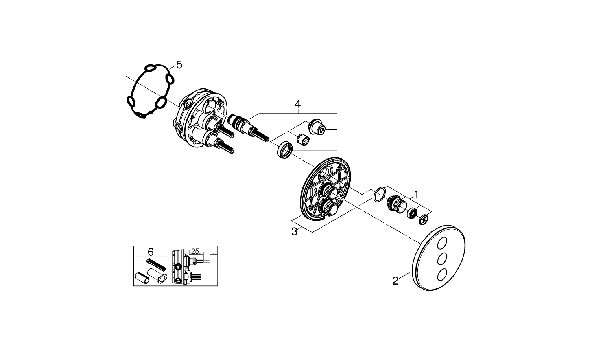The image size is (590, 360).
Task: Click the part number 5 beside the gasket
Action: [x=179, y=65]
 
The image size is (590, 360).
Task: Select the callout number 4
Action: [x=297, y=104]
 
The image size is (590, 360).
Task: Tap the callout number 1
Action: [x=416, y=194]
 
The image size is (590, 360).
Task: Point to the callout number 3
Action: [x=294, y=232]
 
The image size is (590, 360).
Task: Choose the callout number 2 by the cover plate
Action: [x=396, y=281]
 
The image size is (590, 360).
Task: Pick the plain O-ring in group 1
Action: [x=378, y=195]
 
